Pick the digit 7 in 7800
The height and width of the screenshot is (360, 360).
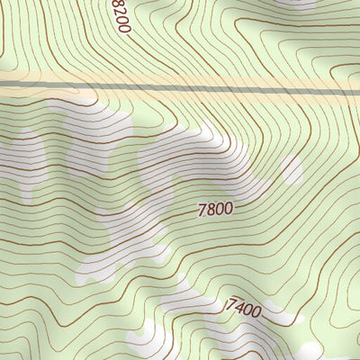[202, 211]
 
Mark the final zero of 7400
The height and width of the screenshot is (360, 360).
[256, 314]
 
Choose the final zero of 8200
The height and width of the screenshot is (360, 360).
[126, 29]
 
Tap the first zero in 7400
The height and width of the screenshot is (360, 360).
[247, 310]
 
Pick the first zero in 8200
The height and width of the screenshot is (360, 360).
[123, 21]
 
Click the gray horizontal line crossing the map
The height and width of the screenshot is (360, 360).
[180, 88]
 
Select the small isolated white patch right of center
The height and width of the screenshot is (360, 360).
[291, 167]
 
